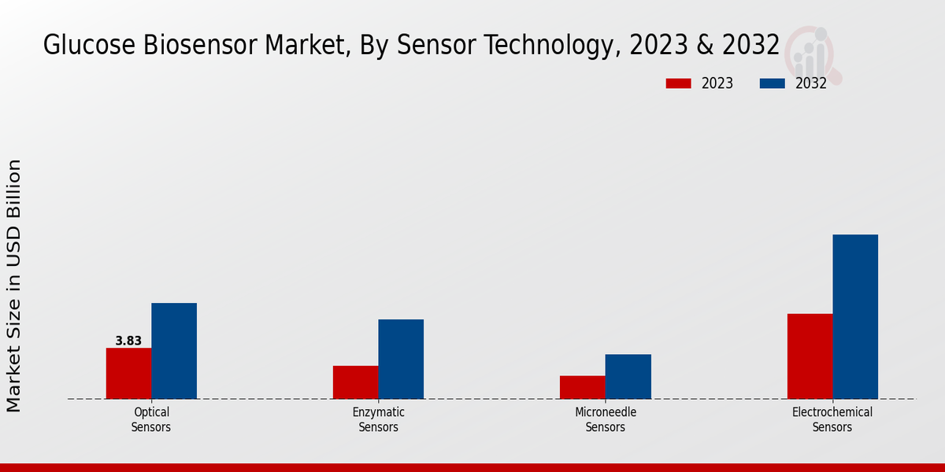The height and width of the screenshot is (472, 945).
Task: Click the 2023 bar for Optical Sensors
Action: click(128, 373)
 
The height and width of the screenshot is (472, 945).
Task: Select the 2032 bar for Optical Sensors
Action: click(174, 351)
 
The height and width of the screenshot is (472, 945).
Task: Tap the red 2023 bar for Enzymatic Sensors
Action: click(355, 382)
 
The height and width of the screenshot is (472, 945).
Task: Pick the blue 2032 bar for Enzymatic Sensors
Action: click(401, 359)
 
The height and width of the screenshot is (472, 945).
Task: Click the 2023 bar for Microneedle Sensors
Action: click(583, 387)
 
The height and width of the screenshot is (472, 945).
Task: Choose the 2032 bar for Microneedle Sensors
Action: click(628, 376)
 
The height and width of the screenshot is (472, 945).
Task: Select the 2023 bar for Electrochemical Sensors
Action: click(810, 356)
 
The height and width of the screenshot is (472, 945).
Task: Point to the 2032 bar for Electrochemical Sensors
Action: click(855, 316)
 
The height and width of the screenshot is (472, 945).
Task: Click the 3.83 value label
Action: click(128, 341)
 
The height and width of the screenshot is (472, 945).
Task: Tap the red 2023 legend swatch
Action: click(678, 83)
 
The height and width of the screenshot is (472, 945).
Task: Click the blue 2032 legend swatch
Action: click(773, 83)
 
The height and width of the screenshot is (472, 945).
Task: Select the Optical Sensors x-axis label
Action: click(151, 419)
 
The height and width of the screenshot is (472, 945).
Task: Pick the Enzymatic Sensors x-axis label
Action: click(378, 419)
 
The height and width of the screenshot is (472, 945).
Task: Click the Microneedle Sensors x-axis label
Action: click(606, 419)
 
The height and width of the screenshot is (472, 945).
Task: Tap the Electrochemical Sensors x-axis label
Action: click(832, 419)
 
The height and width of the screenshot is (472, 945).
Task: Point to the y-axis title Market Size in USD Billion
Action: click(14, 286)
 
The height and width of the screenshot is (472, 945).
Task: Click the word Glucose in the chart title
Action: click(87, 46)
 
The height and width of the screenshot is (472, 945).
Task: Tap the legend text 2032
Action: click(811, 83)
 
